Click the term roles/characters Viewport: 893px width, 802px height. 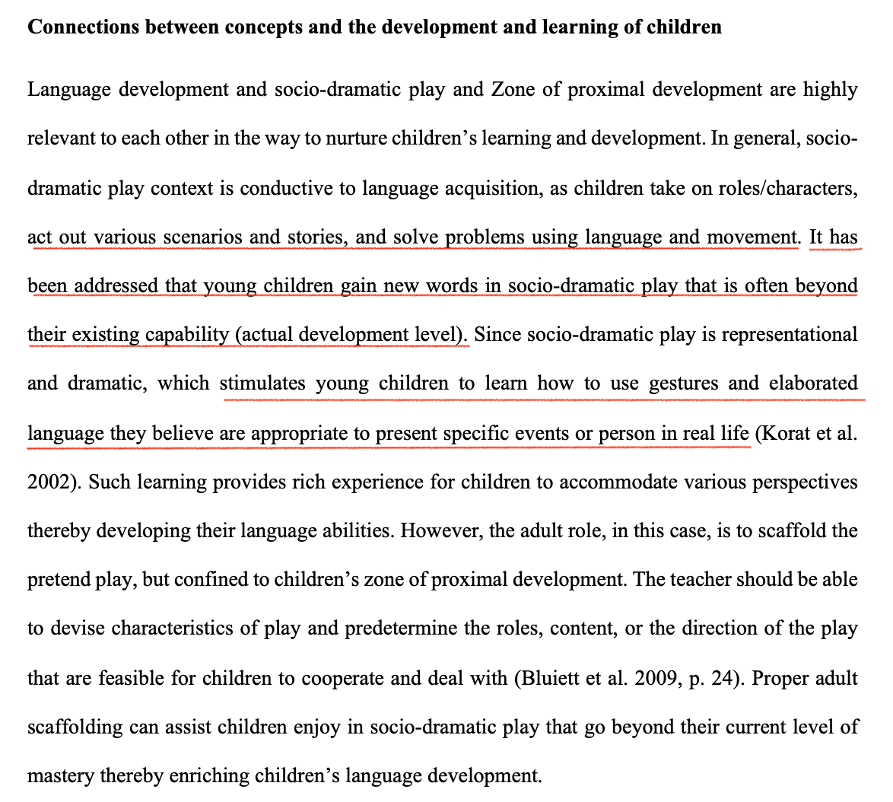pyautogui.click(x=788, y=189)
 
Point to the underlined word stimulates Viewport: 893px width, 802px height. pyautogui.click(x=262, y=383)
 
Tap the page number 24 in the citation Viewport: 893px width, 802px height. pyautogui.click(x=720, y=678)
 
